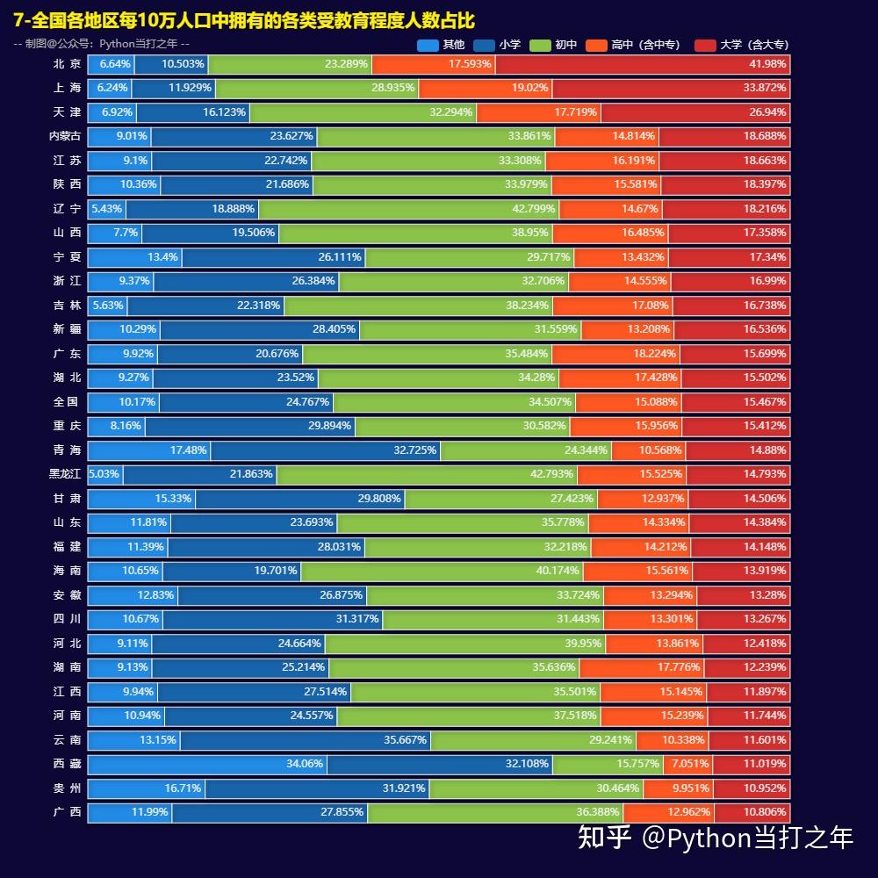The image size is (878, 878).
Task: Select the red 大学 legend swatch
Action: coord(705,45)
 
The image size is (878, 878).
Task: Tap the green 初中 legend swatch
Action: coord(540,45)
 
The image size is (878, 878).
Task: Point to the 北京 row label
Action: coord(67,64)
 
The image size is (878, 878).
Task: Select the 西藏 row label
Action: coord(67,764)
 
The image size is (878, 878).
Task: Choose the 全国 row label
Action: coord(67,402)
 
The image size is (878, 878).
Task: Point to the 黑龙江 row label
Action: coord(65,474)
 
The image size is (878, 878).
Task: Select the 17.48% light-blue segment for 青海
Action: coord(149,450)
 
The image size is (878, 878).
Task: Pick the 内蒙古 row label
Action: coord(65,136)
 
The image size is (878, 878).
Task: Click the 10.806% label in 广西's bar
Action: coord(765,812)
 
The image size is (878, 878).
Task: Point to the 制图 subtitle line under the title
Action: coord(102,44)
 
